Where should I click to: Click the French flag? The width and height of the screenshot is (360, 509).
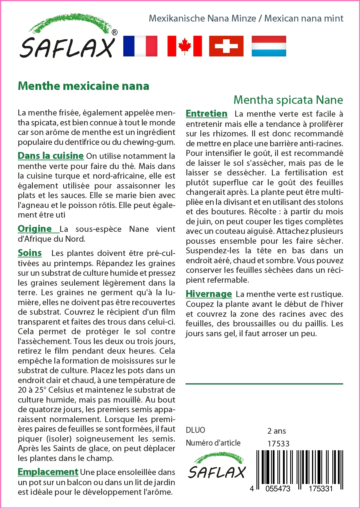click(x=140, y=46)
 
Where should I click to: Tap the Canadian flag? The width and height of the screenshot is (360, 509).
click(x=185, y=46)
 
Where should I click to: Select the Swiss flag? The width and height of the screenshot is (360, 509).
click(x=226, y=46)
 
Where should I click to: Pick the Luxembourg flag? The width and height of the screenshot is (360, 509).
click(x=269, y=46)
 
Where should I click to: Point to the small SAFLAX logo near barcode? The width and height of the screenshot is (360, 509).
click(x=217, y=466)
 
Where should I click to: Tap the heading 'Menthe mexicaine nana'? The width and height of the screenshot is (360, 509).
click(x=83, y=86)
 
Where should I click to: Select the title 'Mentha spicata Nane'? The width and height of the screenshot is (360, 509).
click(x=288, y=100)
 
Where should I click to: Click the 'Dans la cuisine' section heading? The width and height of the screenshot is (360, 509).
click(x=51, y=156)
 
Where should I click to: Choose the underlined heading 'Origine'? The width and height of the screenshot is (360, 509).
click(x=35, y=229)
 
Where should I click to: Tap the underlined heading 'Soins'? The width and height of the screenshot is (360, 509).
click(x=30, y=253)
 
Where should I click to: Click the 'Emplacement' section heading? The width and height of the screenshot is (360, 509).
click(x=48, y=472)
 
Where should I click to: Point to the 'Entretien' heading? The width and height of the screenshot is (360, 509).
click(x=206, y=113)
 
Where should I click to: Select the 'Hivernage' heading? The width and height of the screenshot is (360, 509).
click(x=209, y=294)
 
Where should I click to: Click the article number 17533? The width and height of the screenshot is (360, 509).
click(x=278, y=444)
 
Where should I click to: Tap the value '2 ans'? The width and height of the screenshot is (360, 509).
click(x=277, y=431)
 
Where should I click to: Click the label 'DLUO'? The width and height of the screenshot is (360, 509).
click(x=195, y=430)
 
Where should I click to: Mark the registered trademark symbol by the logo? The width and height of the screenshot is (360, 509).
click(x=115, y=32)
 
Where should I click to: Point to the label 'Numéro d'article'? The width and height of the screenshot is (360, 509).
click(x=213, y=443)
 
